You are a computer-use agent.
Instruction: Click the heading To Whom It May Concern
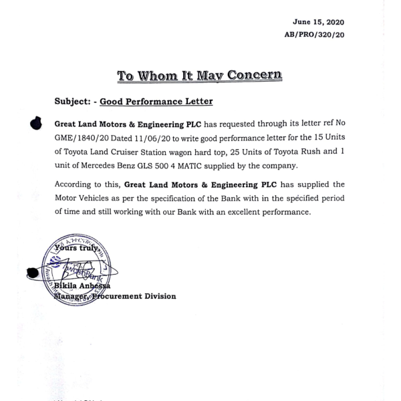click(199, 75)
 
